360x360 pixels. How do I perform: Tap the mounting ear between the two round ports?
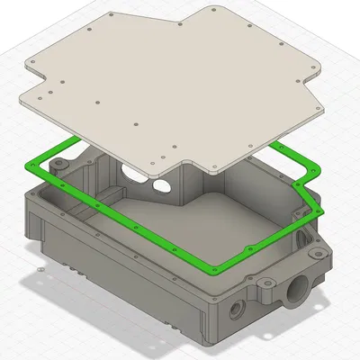click(x=268, y=289)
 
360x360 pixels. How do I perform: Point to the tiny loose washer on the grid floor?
click(x=40, y=267)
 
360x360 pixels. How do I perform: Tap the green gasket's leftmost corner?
click(x=30, y=164)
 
